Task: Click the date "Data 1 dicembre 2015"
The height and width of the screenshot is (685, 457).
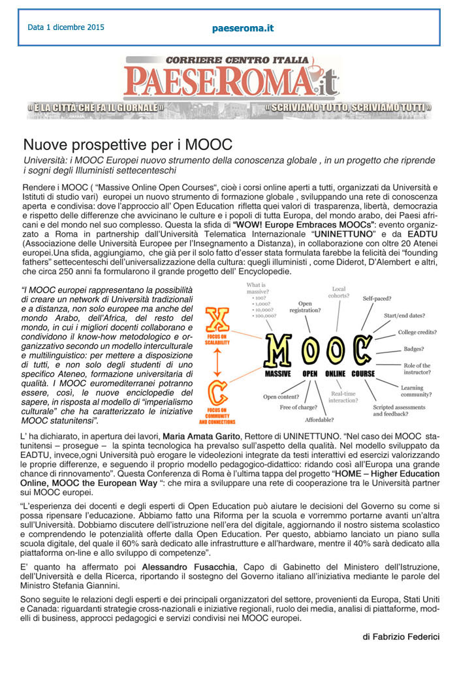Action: tap(66, 27)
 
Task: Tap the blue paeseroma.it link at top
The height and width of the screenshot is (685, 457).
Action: tap(243, 28)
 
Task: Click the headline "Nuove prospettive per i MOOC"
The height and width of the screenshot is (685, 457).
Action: tap(128, 144)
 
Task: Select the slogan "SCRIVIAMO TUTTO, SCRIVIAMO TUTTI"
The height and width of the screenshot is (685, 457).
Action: tap(348, 106)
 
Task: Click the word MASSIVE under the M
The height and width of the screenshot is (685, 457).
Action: tap(277, 374)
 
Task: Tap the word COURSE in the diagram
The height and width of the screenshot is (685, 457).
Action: tap(363, 374)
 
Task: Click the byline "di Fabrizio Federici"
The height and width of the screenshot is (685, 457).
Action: tap(401, 636)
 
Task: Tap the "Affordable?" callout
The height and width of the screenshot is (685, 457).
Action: tap(330, 420)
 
